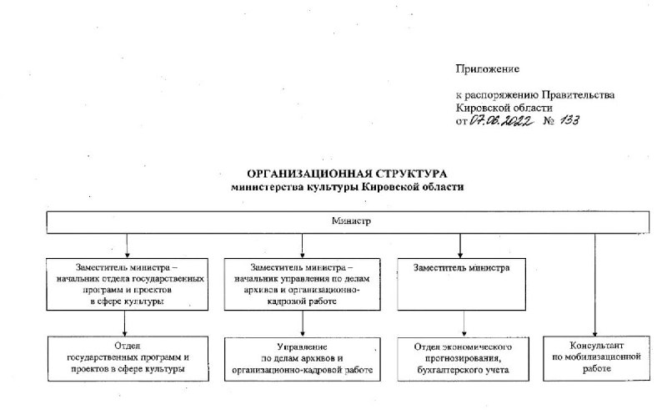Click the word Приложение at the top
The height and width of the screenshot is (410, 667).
click(x=487, y=69)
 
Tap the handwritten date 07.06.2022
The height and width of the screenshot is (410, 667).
click(x=501, y=121)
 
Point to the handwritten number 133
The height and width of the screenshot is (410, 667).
click(x=569, y=120)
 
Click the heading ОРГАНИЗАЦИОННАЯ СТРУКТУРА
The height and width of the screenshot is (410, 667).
click(x=347, y=174)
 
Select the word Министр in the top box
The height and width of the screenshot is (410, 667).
click(x=351, y=220)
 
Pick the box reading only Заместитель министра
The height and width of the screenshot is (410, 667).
click(x=462, y=284)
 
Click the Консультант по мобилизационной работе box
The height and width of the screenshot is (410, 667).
click(x=596, y=358)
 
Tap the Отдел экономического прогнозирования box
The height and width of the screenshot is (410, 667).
click(x=464, y=359)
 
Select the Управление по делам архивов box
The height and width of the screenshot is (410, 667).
click(x=303, y=359)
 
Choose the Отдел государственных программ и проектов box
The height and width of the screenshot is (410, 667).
click(x=128, y=358)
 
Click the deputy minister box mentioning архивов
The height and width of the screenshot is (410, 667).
click(x=303, y=284)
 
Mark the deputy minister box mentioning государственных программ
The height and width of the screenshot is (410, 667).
click(x=128, y=284)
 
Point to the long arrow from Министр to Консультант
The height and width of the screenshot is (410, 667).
click(x=594, y=285)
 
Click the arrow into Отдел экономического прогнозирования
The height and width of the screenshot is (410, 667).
click(x=464, y=323)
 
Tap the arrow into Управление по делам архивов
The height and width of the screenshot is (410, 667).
click(x=303, y=324)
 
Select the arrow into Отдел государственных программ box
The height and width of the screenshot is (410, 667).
click(x=124, y=323)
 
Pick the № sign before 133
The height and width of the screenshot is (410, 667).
click(x=549, y=121)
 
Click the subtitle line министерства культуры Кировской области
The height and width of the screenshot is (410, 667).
click(x=347, y=187)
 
